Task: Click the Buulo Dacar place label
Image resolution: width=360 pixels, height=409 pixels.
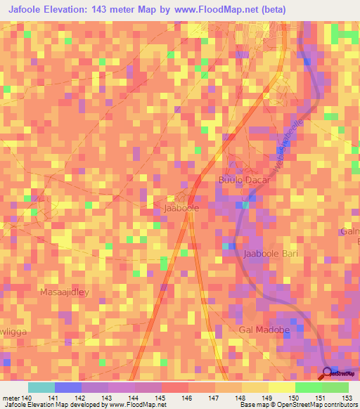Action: pyautogui.click(x=244, y=181)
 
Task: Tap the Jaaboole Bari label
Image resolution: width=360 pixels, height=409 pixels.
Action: pyautogui.click(x=271, y=254)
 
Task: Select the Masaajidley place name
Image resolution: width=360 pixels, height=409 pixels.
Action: pyautogui.click(x=65, y=292)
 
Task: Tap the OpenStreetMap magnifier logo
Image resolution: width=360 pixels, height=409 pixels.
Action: pyautogui.click(x=328, y=374)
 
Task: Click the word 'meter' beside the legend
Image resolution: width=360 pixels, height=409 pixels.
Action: pyautogui.click(x=12, y=398)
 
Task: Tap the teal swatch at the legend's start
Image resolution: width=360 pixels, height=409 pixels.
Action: pyautogui.click(x=41, y=387)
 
